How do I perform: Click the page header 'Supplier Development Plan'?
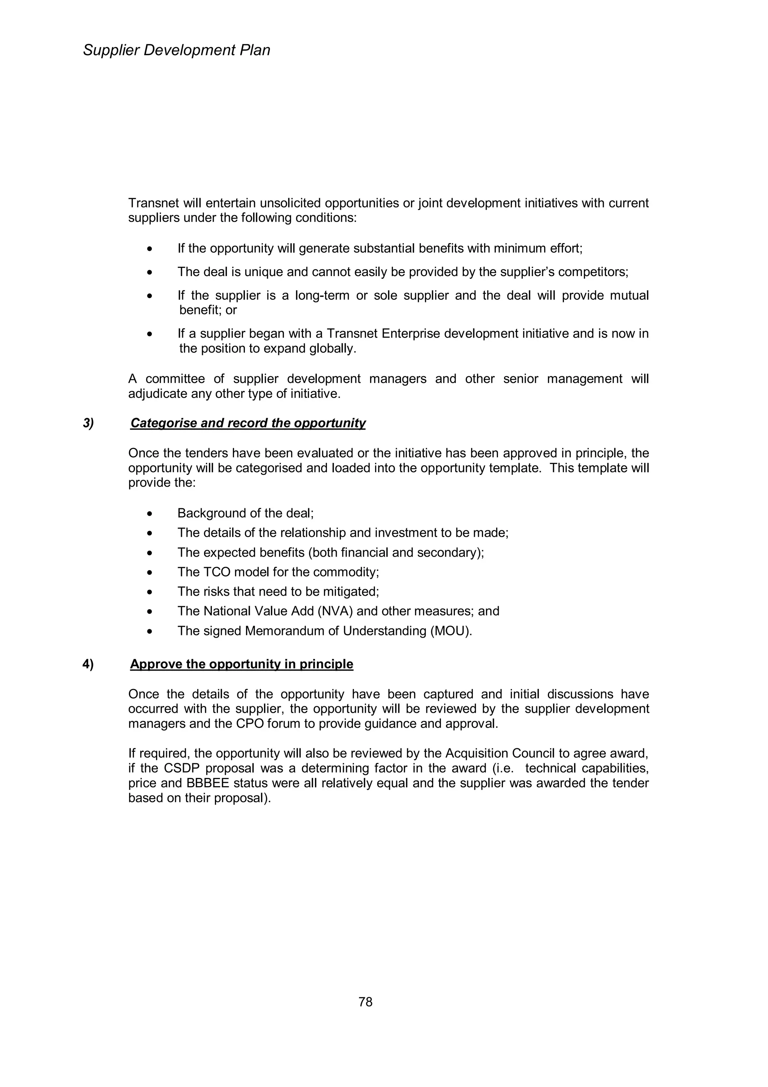177,50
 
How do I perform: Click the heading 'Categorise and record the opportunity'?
248,423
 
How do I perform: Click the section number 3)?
88,423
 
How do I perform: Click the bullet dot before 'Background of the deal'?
150,513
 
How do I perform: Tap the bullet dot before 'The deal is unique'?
150,272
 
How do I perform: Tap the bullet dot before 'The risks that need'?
150,592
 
